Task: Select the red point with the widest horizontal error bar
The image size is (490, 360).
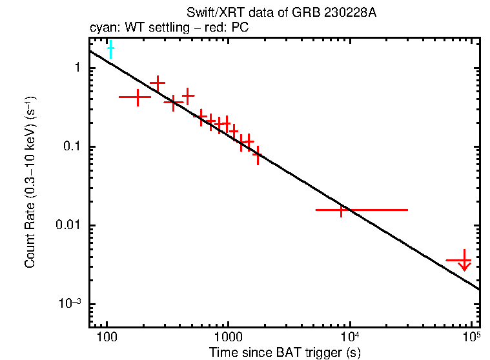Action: tap(342, 210)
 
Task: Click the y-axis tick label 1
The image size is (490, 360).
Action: tap(77, 68)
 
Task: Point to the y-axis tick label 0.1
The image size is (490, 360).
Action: tap(71, 147)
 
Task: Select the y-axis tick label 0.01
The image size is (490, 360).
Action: tap(68, 226)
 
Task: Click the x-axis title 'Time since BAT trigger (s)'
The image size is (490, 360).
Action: tap(285, 352)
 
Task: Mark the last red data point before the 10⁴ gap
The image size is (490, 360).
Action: tap(257, 155)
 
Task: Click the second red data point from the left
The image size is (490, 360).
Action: tap(158, 83)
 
